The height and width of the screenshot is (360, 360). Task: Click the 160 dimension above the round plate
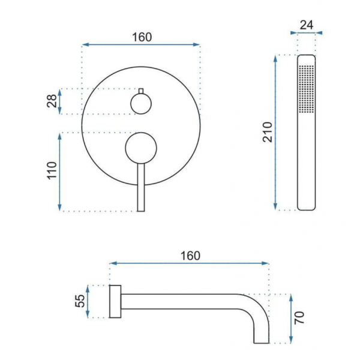[x=142, y=37]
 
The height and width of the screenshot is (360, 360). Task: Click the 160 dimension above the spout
[x=190, y=256]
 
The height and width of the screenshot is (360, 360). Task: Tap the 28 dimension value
[x=52, y=101]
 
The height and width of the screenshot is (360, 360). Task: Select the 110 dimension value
[x=52, y=170]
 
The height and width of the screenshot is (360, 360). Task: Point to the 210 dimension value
[x=268, y=133]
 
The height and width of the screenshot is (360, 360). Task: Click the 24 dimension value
[x=307, y=25]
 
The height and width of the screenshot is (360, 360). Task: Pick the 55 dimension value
[x=80, y=301]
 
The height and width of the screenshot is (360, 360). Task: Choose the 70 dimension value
[x=299, y=318]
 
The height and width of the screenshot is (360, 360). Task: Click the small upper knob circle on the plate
[x=141, y=104]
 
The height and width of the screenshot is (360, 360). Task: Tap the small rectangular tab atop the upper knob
[x=141, y=91]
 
